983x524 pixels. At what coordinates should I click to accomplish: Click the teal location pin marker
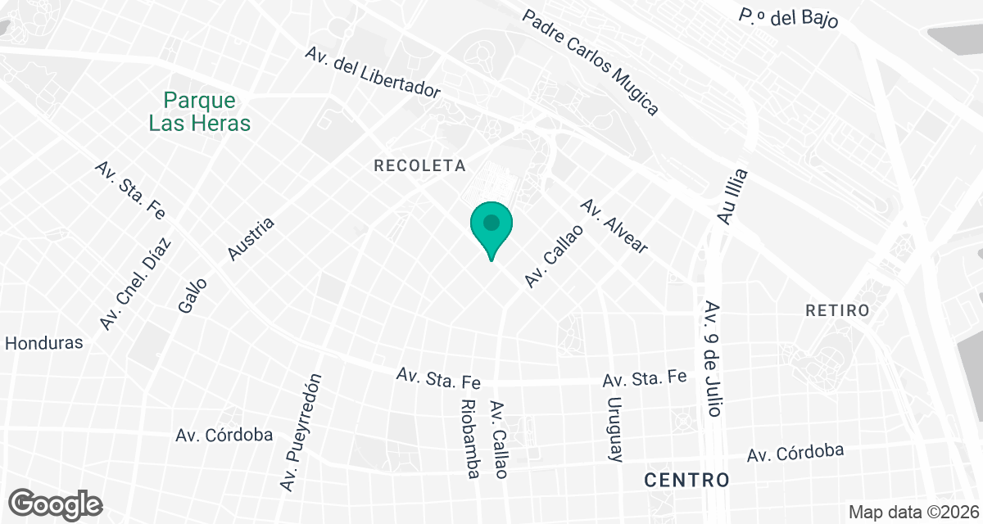[491, 226]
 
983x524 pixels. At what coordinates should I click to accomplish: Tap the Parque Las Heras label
[200, 112]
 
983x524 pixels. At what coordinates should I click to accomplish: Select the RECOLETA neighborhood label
[419, 165]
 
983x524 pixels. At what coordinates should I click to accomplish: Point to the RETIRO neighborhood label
[836, 310]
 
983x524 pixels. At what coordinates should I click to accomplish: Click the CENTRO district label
[686, 479]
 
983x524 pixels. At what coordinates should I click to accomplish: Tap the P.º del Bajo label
[788, 18]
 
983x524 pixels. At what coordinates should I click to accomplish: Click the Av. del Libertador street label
[374, 72]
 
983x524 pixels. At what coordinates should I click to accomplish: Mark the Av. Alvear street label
[614, 226]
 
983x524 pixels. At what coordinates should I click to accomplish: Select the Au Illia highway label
[732, 196]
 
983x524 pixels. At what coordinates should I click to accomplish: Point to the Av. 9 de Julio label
[712, 359]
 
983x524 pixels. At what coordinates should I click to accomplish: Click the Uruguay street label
[614, 429]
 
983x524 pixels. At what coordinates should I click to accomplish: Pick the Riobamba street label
[469, 439]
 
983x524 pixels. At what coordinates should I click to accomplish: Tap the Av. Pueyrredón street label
[302, 431]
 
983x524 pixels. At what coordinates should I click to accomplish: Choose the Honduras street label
[44, 343]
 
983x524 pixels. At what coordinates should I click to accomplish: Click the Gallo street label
[193, 295]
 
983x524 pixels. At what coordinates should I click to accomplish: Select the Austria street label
[250, 239]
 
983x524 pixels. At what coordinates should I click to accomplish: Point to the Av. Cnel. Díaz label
[136, 283]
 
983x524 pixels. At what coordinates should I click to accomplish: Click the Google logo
[56, 504]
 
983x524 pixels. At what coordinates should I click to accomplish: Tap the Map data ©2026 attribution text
[912, 513]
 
